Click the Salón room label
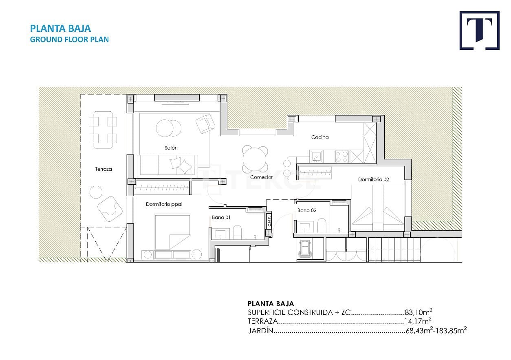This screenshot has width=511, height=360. point(171,148)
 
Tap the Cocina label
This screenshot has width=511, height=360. point(320,137)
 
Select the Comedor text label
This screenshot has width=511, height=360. point(261,177)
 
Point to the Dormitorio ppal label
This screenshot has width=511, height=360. point(164,204)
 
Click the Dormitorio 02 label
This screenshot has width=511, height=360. point(374,179)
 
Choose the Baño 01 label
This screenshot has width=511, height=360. point(221,217)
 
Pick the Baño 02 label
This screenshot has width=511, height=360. point(306,210)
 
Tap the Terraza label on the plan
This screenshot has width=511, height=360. point(104,169)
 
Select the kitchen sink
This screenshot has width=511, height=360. point(316,156)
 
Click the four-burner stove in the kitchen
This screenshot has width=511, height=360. point(341,156)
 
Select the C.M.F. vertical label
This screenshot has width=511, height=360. point(269,221)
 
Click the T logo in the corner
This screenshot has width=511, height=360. point(479,31)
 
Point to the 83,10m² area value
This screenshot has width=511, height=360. point(418,312)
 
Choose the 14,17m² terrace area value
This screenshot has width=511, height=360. point(418,322)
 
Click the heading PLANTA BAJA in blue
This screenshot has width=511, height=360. point(60,29)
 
